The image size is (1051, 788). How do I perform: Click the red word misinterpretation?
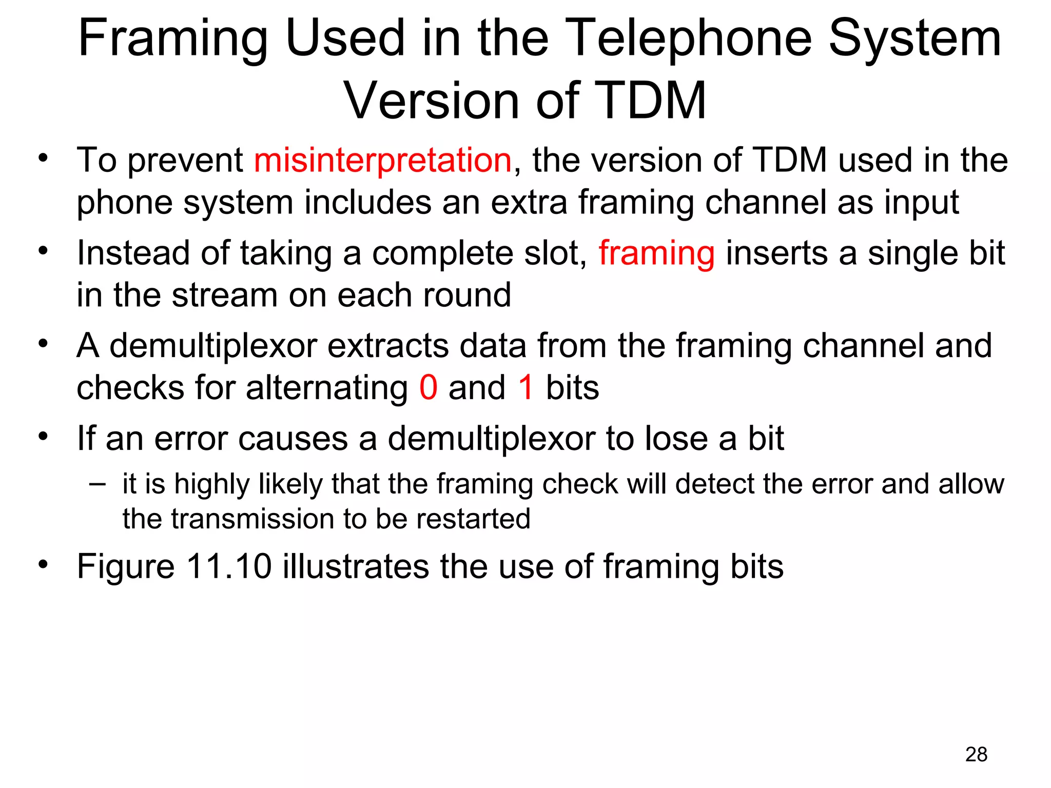383,160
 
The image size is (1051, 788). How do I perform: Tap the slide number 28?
976,754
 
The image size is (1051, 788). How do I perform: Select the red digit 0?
428,387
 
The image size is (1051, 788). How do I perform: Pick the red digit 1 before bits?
526,387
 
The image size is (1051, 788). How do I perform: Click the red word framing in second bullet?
656,254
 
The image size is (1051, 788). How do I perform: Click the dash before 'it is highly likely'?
97,484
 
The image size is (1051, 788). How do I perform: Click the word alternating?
326,387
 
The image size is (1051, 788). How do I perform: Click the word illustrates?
356,567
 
